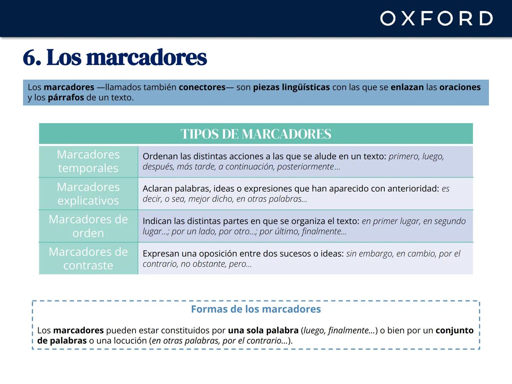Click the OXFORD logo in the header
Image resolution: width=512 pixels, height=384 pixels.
pos(436,18)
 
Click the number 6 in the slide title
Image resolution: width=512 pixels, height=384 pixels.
pos(31,58)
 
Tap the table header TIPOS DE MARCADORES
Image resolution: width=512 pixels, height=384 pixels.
pos(256,134)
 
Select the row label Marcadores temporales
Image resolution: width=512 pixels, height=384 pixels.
pos(88,161)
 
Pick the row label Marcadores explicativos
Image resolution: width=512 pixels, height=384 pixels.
pos(88,194)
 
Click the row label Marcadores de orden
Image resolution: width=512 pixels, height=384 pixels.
pos(88,226)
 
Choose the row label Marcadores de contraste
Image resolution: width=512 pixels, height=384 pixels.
pos(88,258)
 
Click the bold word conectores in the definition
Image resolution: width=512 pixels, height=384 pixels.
pos(202,87)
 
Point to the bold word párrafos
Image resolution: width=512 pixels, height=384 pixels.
pos(66,97)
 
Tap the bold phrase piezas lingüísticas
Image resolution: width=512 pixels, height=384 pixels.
pos(291,87)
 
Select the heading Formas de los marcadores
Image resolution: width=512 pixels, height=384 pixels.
pos(256,309)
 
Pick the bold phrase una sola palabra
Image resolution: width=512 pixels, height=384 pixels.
pos(263,330)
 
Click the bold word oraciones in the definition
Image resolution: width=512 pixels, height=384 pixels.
pos(460,87)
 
